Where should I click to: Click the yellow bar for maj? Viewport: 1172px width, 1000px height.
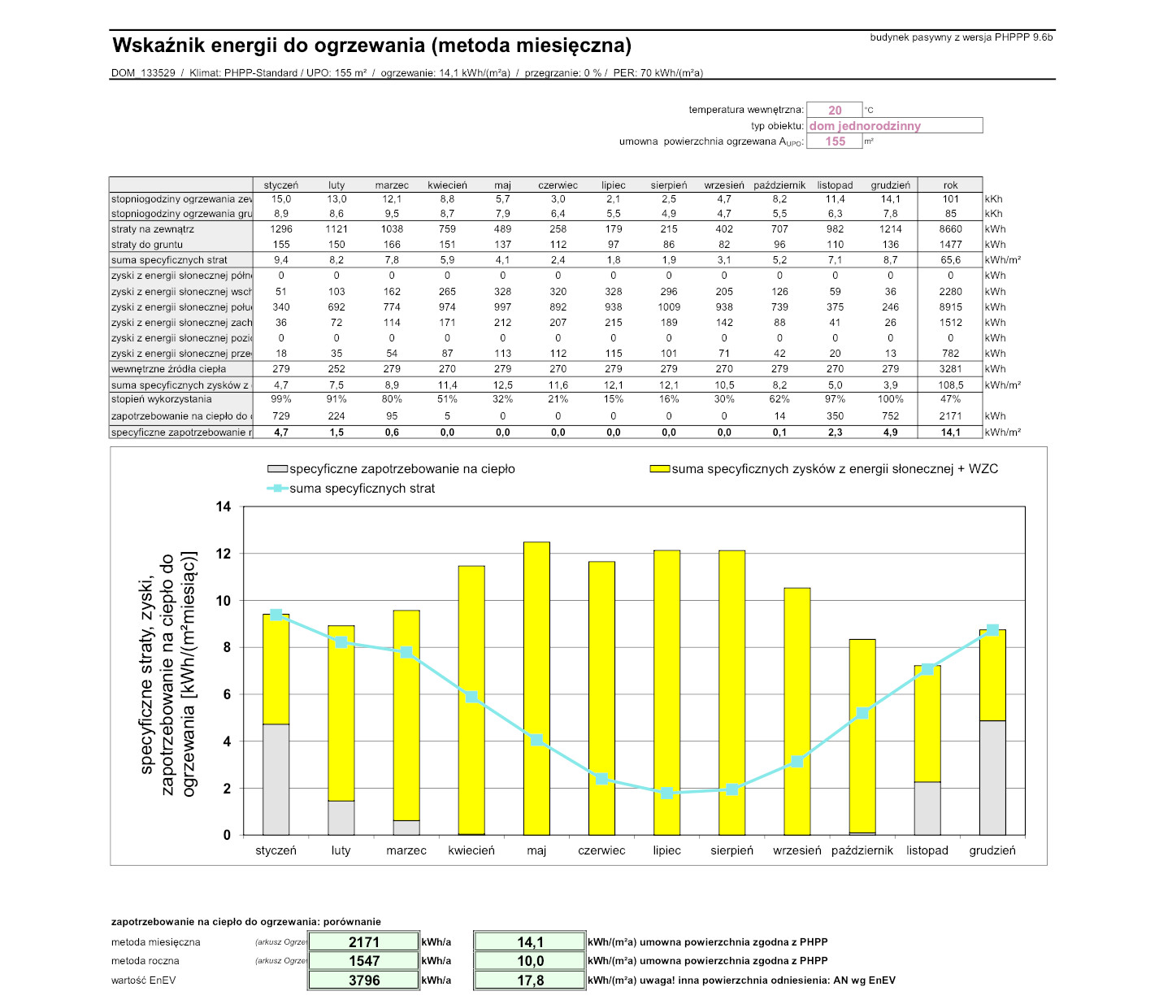coord(536,688)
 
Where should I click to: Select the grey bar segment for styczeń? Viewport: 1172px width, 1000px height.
coord(276,779)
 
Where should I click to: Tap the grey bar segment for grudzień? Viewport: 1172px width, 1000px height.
coord(992,777)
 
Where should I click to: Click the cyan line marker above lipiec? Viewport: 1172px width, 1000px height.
coord(666,793)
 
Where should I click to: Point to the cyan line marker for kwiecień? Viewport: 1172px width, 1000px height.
coord(471,697)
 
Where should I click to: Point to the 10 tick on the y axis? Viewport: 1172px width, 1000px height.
coord(223,601)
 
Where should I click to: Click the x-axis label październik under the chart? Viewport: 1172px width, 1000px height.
coord(862,850)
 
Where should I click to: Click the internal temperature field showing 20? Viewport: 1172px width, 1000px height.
coord(835,111)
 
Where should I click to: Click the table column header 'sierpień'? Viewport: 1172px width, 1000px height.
coord(669,185)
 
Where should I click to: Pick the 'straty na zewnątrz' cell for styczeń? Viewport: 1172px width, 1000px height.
coord(281,229)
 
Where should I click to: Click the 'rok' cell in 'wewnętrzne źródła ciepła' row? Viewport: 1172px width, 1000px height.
coord(950,369)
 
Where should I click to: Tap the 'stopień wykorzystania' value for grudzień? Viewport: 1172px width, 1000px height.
coord(890,399)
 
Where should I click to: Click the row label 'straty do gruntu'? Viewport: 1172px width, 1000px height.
coord(147,245)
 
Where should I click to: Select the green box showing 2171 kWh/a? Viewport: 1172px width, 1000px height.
coord(363,941)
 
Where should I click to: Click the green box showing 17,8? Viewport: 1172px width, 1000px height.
coord(530,980)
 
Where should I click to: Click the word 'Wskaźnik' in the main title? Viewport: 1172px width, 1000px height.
coord(155,45)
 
